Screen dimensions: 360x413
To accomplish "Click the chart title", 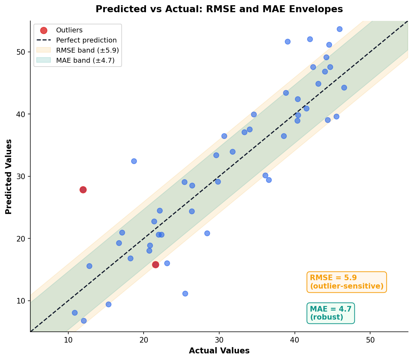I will coord(219,9).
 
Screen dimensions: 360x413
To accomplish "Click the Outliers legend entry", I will coord(69,30).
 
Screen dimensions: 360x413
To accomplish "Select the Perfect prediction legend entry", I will coord(86,40).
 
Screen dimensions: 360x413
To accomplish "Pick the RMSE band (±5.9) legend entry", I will coord(87,50).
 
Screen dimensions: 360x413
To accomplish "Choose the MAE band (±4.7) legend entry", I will coord(85,60).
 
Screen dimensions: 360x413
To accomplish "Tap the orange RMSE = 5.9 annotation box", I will coord(346,282).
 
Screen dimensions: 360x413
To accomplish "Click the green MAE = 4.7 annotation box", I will coord(330,313).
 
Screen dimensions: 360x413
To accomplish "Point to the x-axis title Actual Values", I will coord(219,351).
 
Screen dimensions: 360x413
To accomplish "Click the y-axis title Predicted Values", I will coord(9,176).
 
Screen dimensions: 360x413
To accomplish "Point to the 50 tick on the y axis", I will coord(23,52).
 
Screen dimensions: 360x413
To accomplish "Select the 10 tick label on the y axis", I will coord(23,301).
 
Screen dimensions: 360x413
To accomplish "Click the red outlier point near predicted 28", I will coord(83,190).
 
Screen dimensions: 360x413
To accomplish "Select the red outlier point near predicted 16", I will coord(155,265).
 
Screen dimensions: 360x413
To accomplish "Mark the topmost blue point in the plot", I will coord(339,29).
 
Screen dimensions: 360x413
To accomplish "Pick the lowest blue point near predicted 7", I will coord(84,321).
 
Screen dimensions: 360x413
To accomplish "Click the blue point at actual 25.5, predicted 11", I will coord(185,293).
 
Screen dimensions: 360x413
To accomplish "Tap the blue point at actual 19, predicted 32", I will coord(134,161).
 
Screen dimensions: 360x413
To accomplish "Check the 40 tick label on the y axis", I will coord(23,114).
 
